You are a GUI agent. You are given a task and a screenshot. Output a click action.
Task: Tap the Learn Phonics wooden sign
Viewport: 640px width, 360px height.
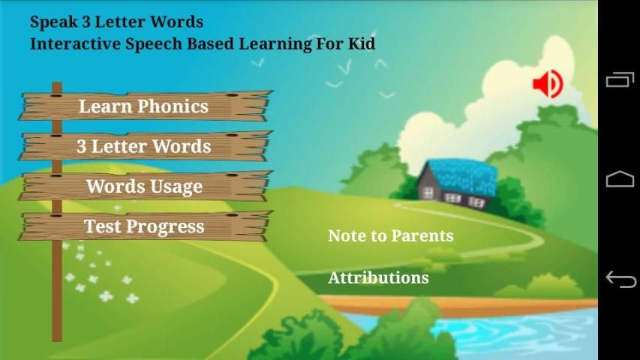[146, 106]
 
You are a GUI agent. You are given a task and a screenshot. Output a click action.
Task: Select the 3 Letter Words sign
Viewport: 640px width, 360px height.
[146, 146]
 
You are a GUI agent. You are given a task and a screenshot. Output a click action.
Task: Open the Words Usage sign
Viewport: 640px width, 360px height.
[146, 186]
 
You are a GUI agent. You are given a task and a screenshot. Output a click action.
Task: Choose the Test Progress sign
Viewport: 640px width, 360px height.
[146, 226]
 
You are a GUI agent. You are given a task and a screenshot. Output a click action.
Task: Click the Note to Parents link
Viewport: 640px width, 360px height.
[391, 235]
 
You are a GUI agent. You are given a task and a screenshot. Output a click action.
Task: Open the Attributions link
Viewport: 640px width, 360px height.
[378, 277]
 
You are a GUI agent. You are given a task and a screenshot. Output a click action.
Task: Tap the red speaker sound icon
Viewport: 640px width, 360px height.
[548, 84]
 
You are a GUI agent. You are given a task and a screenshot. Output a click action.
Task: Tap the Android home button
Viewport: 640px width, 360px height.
[620, 178]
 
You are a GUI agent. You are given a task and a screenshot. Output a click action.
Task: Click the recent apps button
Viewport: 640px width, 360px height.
[620, 79]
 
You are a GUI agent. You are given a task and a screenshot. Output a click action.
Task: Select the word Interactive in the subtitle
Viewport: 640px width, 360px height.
[76, 43]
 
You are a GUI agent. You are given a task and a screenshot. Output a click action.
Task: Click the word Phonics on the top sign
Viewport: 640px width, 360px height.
[173, 106]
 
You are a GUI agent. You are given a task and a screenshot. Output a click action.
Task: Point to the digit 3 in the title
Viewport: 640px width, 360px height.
[86, 22]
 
